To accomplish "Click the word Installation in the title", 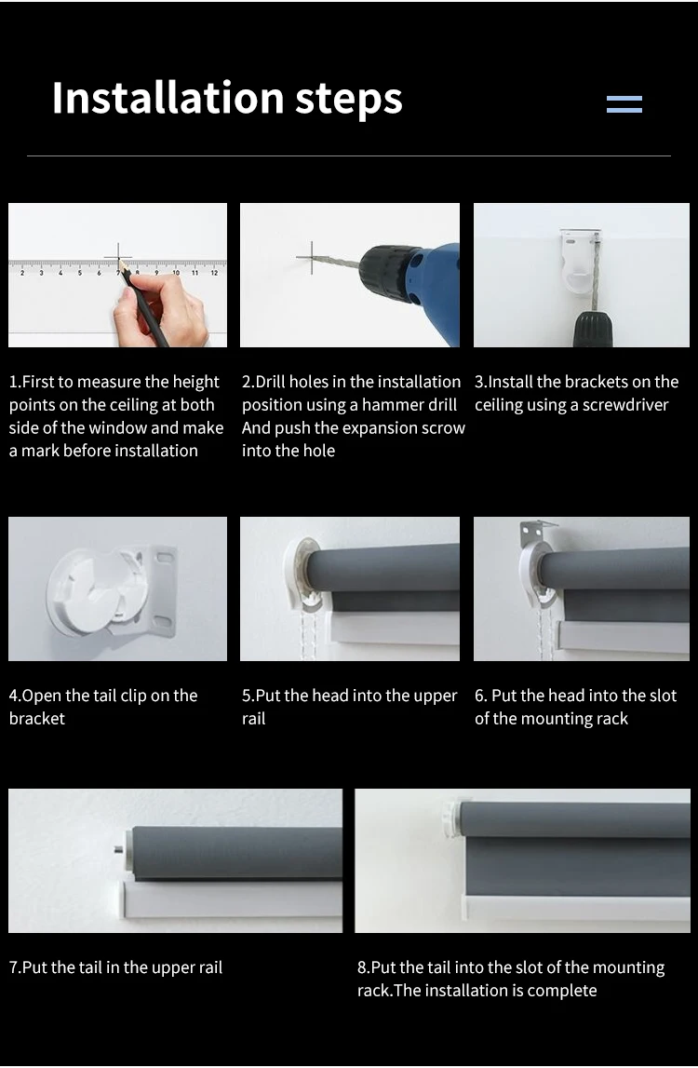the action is (168, 98).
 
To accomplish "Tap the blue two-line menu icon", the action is (624, 104).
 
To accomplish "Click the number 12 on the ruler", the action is (214, 273).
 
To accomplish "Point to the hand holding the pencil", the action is (161, 310).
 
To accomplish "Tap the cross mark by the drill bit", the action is (311, 258).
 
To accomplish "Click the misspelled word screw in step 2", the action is (442, 428).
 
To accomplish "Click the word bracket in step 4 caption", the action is (37, 719).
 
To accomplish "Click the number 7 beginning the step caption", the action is (13, 967).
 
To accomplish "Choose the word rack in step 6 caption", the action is (612, 719).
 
